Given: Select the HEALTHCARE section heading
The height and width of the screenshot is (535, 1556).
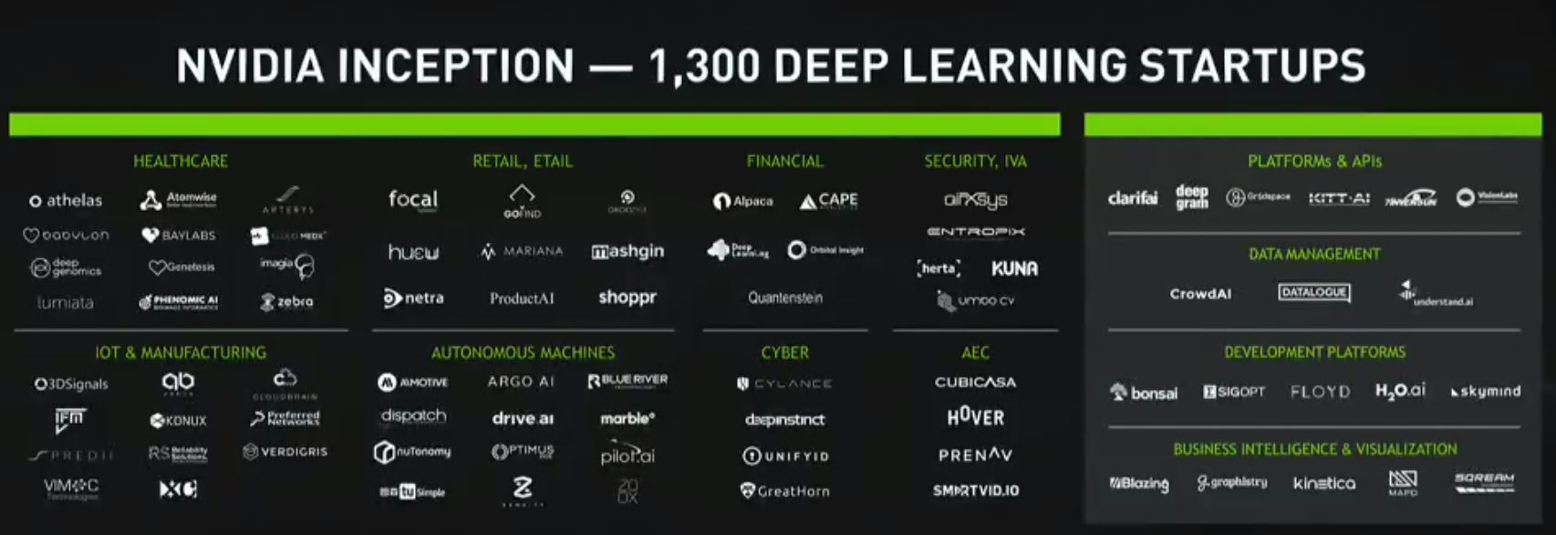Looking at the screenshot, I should (181, 162).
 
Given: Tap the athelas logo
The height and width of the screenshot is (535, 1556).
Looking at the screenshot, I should (66, 200).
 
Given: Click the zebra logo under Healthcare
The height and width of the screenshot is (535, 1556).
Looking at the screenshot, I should (287, 301).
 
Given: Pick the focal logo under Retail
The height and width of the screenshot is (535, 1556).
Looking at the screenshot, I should (412, 199).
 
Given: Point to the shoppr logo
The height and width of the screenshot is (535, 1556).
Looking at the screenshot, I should (628, 298).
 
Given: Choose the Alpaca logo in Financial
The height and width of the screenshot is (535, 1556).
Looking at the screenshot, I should (743, 201).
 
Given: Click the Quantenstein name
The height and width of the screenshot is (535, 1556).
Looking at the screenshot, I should (785, 298).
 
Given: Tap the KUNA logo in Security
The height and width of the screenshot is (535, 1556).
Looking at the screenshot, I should (1014, 268).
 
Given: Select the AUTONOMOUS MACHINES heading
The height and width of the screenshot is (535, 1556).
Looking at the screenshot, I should (523, 352).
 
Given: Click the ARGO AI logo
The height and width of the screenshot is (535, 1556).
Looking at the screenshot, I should (521, 382).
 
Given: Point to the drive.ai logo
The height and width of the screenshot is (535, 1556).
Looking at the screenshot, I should (523, 418).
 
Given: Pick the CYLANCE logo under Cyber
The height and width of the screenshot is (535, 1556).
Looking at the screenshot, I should (784, 383).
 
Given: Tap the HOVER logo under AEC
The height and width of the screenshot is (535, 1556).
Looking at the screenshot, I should (975, 417).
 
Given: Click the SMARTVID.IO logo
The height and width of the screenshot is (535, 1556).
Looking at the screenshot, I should (975, 490).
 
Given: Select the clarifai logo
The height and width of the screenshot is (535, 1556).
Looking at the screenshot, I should (1133, 198).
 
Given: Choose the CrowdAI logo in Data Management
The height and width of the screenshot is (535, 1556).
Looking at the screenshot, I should (1200, 294).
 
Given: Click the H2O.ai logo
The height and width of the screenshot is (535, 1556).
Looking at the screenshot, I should (1400, 391).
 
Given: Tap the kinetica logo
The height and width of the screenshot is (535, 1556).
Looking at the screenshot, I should (1324, 483).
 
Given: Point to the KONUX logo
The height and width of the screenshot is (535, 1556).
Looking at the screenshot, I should (179, 420).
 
